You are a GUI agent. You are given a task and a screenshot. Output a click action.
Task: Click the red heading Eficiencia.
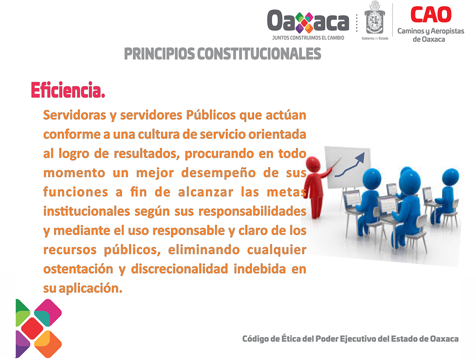pos(68,90)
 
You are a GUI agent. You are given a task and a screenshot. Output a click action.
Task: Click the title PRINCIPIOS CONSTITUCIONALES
pos(222,54)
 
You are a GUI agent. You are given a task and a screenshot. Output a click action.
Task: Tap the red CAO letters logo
pos(431,14)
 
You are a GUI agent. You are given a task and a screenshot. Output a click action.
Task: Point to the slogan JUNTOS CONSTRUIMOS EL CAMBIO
pos(308,38)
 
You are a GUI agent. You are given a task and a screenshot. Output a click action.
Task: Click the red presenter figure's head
pos(313,165)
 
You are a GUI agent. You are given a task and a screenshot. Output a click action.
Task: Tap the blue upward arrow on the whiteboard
pos(350,165)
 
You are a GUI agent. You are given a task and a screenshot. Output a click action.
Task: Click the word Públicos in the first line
pos(211,115)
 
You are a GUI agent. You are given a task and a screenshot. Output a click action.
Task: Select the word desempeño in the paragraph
pos(218,173)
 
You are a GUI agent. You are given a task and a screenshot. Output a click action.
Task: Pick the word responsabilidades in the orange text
pos(252,211)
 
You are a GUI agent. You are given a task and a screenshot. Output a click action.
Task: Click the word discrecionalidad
pos(179,269)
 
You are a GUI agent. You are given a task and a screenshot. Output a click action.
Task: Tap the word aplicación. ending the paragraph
pos(90,289)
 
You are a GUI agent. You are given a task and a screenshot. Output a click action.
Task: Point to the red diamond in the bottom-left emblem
pos(32,328)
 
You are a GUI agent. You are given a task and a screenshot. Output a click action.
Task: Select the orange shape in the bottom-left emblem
pos(48,344)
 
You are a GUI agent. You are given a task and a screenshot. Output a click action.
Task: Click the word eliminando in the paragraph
pos(204,250)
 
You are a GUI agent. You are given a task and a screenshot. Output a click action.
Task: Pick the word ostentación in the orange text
pos(78,269)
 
